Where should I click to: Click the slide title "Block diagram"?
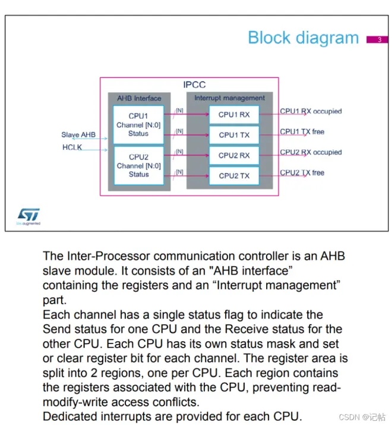tap(303, 37)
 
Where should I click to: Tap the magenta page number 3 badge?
tap(377, 40)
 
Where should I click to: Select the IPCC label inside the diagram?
tap(194, 84)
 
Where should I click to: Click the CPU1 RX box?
tap(234, 115)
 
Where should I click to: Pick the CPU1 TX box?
tap(234, 135)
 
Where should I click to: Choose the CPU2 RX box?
tap(234, 155)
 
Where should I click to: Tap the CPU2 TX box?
tap(234, 176)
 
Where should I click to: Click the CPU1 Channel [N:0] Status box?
tap(138, 125)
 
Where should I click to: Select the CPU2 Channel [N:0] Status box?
tap(139, 166)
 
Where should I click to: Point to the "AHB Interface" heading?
tap(139, 98)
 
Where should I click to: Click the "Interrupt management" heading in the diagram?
tap(229, 98)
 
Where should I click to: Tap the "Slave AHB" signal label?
tap(78, 135)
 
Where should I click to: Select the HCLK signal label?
tap(72, 147)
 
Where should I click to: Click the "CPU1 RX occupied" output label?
tap(311, 111)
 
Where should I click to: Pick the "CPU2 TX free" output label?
tap(302, 172)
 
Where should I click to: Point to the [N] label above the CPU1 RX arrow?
tap(179, 111)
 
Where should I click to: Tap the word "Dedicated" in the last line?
tap(70, 416)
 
